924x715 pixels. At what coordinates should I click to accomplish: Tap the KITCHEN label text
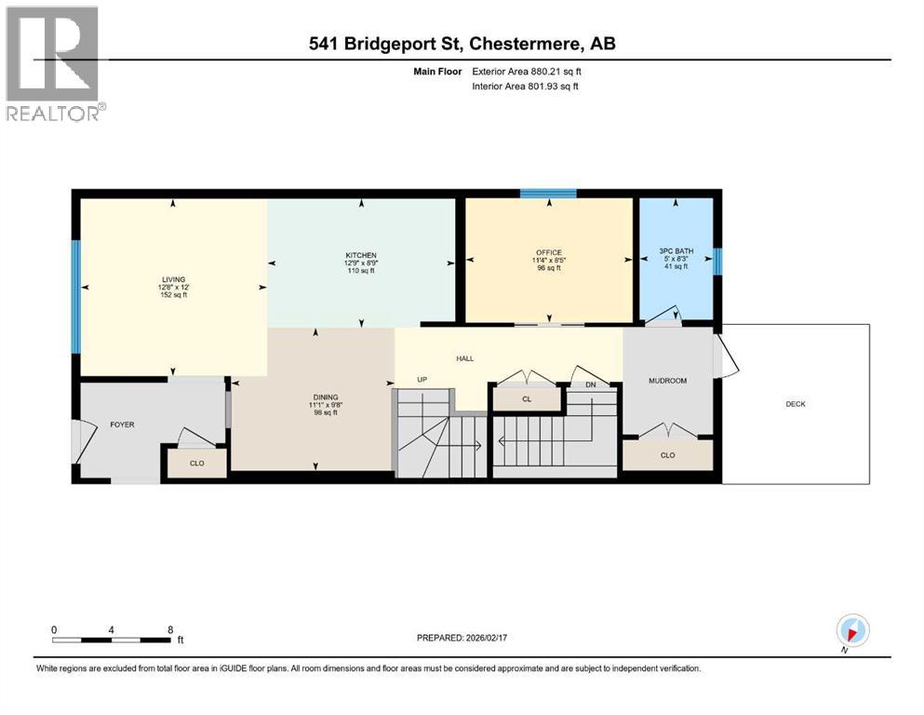point(360,255)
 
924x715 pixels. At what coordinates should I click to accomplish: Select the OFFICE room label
point(549,252)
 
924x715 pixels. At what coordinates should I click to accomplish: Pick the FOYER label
point(122,425)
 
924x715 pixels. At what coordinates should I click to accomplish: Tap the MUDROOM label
point(667,381)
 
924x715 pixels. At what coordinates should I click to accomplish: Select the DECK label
point(796,404)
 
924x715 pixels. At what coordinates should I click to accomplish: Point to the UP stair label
point(422,380)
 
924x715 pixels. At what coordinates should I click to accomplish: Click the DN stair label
point(590,384)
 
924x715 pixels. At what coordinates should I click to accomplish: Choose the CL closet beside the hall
point(527,398)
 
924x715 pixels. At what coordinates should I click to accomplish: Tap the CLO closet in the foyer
point(196,462)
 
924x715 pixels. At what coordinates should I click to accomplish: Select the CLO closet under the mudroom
point(667,455)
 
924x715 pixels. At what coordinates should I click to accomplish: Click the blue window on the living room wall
point(76,284)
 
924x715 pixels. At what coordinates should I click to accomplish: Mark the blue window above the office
point(547,194)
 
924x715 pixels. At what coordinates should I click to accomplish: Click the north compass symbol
point(852,630)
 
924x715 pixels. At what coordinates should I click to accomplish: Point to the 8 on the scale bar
point(169,629)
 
